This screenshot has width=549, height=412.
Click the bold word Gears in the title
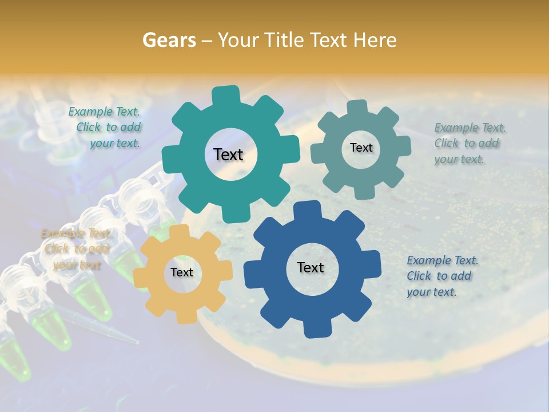pos(169,40)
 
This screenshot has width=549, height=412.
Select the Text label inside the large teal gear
pos(228,154)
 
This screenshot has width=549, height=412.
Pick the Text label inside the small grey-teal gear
pos(361,148)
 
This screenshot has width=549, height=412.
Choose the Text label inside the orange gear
pos(182,273)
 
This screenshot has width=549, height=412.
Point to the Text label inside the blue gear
pos(311,268)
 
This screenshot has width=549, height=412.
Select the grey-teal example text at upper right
pos(469,144)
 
